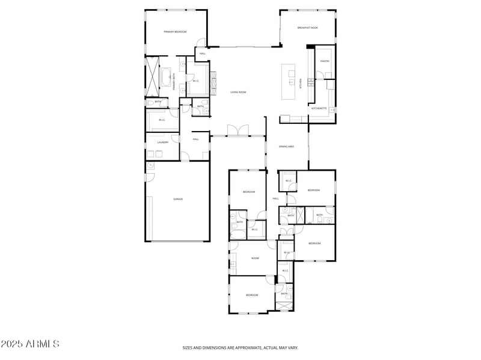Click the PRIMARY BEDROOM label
[175, 31]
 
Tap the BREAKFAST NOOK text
[307, 28]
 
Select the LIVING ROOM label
[239, 92]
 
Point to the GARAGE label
[178, 199]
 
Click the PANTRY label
[325, 61]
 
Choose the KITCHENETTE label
[319, 108]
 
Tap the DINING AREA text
[286, 146]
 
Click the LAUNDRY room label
[163, 142]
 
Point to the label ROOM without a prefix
[255, 258]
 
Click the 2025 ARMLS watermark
[30, 344]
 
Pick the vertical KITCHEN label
[301, 85]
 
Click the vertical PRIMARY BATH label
[174, 81]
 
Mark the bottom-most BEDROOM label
[251, 294]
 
